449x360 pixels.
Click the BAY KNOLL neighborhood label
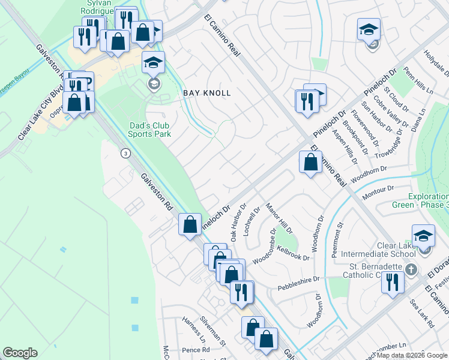click(206, 94)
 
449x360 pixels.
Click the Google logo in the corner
click(20, 353)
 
